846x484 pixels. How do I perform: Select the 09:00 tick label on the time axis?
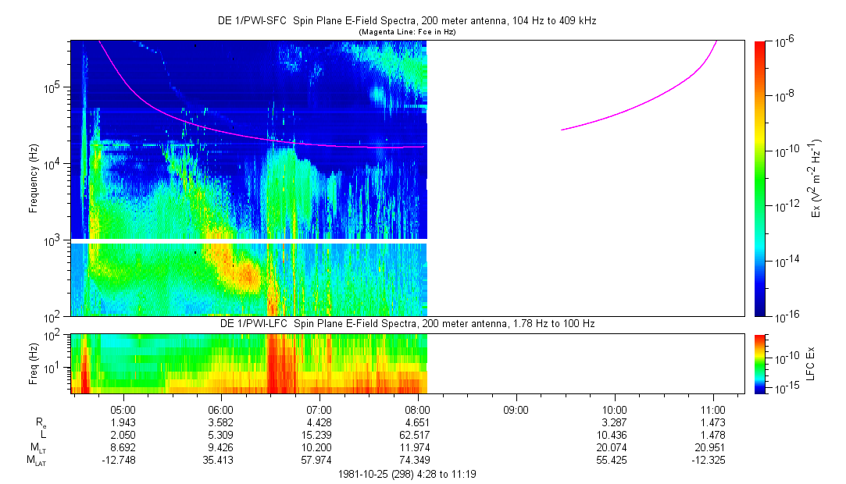(x=516, y=409)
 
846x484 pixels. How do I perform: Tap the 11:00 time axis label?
(x=713, y=409)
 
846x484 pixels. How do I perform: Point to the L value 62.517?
(x=418, y=434)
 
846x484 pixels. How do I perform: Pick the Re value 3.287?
(x=615, y=422)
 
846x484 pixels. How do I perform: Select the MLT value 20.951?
(x=713, y=447)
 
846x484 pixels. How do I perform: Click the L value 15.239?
(x=319, y=434)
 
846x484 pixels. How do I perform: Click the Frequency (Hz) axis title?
(x=34, y=178)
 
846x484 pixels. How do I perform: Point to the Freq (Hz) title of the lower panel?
(x=34, y=363)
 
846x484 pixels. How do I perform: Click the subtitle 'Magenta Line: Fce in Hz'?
(x=406, y=32)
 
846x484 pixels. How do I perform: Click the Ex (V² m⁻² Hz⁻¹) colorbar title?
(x=817, y=178)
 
